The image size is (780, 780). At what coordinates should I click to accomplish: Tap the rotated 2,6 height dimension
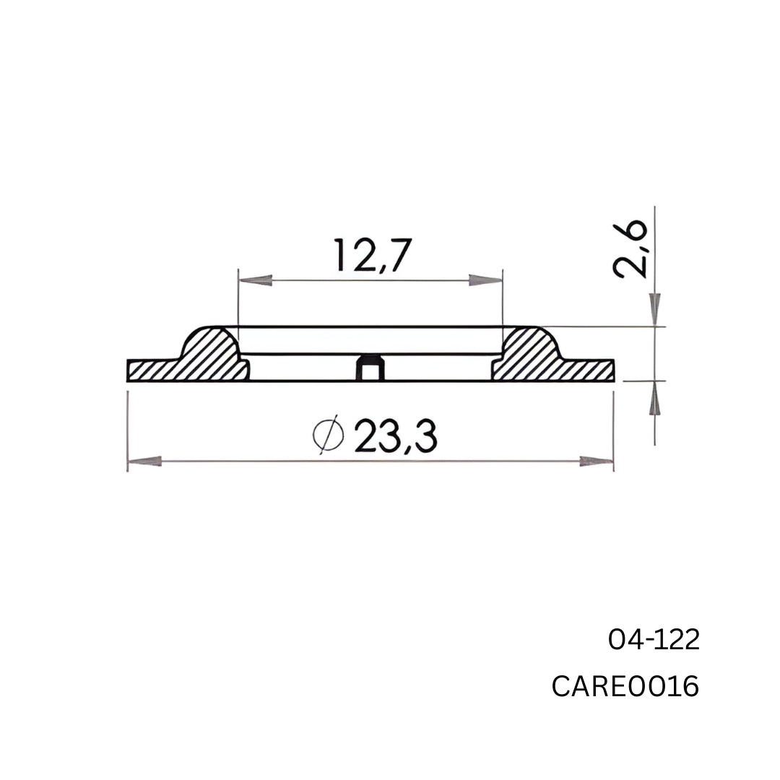pos(630,250)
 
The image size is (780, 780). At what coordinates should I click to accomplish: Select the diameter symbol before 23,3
pos(328,435)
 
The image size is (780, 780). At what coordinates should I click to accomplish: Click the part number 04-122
pos(654,640)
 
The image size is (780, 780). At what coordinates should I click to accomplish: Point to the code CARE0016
pos(625,687)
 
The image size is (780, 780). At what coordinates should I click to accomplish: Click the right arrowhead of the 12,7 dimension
pos(485,280)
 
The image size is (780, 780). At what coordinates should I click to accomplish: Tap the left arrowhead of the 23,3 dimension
pos(144,461)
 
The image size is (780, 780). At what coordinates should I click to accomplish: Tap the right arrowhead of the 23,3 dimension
pos(597,461)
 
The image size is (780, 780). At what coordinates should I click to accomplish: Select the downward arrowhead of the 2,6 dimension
pos(655,309)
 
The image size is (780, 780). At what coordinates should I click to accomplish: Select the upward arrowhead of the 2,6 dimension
pos(655,398)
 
